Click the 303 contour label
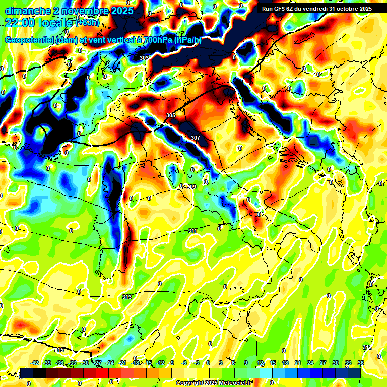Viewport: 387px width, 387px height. pyautogui.click(x=144, y=58)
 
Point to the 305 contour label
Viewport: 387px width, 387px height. pyautogui.click(x=171, y=116)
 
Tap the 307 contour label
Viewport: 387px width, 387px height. pyautogui.click(x=196, y=137)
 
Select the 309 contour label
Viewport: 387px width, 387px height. pyautogui.click(x=191, y=187)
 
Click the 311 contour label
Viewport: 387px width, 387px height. pyautogui.click(x=192, y=231)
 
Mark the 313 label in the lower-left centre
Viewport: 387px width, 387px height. pyautogui.click(x=126, y=297)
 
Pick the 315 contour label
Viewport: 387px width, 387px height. pyautogui.click(x=60, y=350)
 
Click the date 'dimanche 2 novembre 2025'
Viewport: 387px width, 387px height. pyautogui.click(x=69, y=11)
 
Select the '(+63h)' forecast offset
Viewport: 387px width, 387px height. pyautogui.click(x=88, y=22)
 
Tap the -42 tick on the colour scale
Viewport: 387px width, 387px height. pyautogui.click(x=35, y=363)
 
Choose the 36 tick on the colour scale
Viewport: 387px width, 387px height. pyautogui.click(x=360, y=363)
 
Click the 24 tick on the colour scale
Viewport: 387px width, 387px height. pyautogui.click(x=310, y=363)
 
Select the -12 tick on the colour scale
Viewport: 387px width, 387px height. pyautogui.click(x=160, y=363)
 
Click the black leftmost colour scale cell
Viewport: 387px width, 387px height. pyautogui.click(x=27, y=372)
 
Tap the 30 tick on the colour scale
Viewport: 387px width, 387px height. pyautogui.click(x=336, y=363)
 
